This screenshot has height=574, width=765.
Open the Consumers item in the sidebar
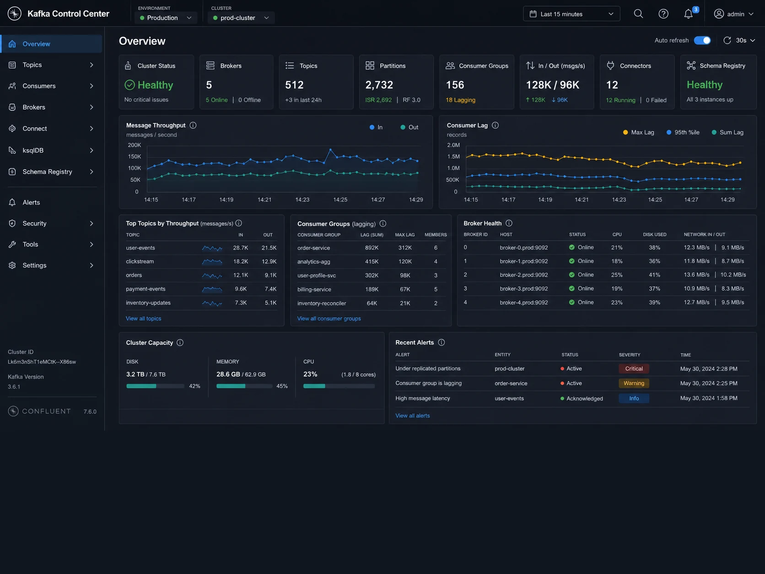click(39, 86)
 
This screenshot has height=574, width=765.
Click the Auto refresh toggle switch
click(702, 40)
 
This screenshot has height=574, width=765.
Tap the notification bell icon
click(688, 14)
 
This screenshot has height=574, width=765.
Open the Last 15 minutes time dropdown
click(571, 14)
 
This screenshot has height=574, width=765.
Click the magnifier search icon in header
click(638, 14)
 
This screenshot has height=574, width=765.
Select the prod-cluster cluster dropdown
click(241, 18)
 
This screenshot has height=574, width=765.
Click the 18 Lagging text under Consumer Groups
click(460, 100)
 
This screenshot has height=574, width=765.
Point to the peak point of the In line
click(330, 150)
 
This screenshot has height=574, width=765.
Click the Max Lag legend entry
click(638, 132)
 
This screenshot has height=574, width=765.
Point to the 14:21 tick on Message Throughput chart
click(264, 200)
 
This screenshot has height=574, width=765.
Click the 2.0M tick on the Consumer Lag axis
click(453, 145)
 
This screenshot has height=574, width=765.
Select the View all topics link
click(143, 319)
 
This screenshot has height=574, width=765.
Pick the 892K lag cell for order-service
click(372, 248)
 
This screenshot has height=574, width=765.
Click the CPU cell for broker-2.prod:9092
click(617, 275)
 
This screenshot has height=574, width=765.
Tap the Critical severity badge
click(634, 369)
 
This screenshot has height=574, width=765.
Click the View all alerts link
click(412, 416)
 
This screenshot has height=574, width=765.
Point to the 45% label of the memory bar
click(281, 386)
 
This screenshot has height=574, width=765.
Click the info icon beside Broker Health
click(508, 223)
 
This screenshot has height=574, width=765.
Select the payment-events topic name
click(145, 289)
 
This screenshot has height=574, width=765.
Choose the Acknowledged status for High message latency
click(584, 398)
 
